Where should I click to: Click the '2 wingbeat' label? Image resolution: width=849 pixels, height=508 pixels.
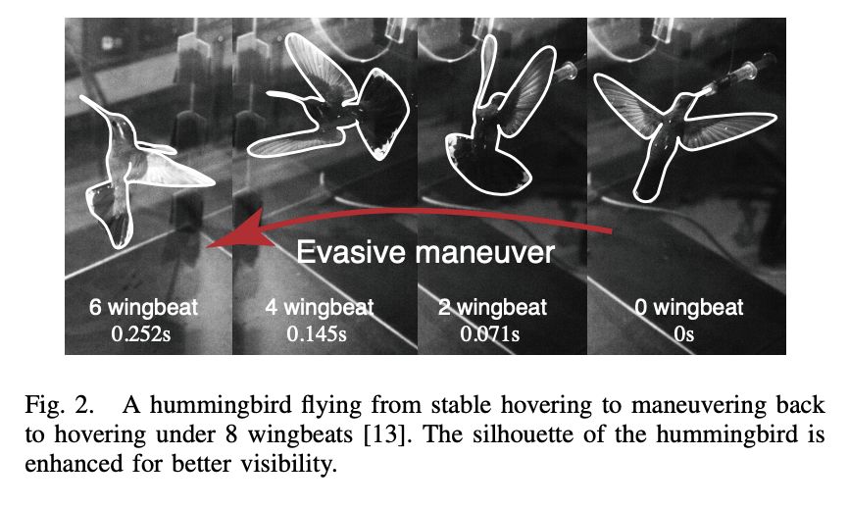coord(489,308)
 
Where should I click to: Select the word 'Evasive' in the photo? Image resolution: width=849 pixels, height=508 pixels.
coord(349,252)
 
